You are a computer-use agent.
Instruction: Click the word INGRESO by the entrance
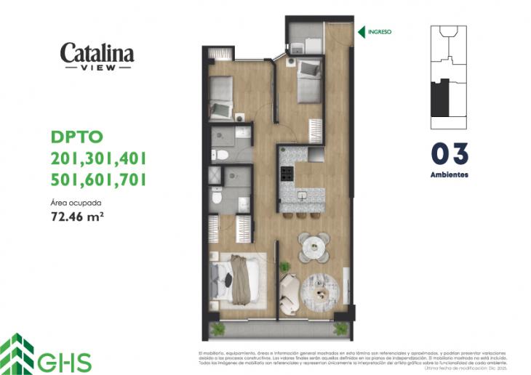pyautogui.click(x=380, y=32)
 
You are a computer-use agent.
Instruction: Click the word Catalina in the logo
pyautogui.click(x=97, y=53)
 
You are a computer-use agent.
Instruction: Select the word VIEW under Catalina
pyautogui.click(x=97, y=68)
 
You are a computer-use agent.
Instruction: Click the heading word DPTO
pyautogui.click(x=77, y=136)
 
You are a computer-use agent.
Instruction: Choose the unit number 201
pyautogui.click(x=66, y=158)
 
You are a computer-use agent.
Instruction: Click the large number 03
pyautogui.click(x=449, y=153)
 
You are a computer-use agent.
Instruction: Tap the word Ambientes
pyautogui.click(x=449, y=174)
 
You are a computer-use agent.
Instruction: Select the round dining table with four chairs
pyautogui.click(x=314, y=246)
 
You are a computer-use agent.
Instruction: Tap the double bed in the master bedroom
pyautogui.click(x=235, y=280)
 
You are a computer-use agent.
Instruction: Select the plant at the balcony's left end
pyautogui.click(x=217, y=329)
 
